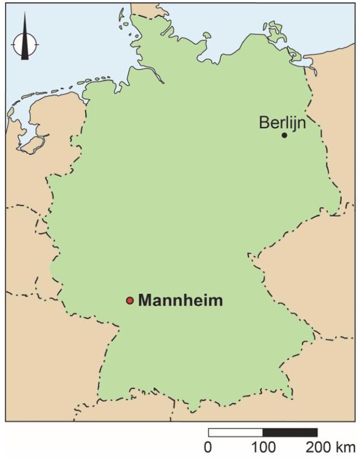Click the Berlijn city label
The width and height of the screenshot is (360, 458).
click(x=282, y=123)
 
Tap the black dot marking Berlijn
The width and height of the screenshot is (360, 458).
click(x=284, y=135)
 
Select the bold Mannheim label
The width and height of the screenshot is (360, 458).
click(x=181, y=301)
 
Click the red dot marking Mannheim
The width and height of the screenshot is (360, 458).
click(x=130, y=301)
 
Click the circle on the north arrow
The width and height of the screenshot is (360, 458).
click(x=25, y=41)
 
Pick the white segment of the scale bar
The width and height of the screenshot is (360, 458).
click(x=235, y=432)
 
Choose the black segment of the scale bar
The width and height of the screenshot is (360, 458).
click(x=290, y=432)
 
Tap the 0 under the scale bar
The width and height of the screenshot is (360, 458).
click(x=208, y=446)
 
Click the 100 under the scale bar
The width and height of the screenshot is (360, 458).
click(x=263, y=446)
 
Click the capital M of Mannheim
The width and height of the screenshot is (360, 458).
click(x=145, y=301)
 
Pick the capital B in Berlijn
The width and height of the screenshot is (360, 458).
click(x=264, y=123)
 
